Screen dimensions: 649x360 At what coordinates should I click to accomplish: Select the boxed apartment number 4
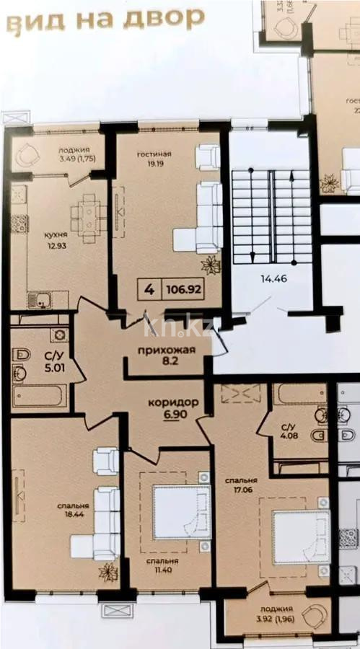tap(149, 291)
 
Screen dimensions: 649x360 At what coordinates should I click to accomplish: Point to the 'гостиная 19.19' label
tap(153, 159)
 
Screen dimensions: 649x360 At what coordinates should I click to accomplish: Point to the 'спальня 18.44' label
tap(74, 511)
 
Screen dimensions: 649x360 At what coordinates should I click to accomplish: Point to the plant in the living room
tap(211, 265)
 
